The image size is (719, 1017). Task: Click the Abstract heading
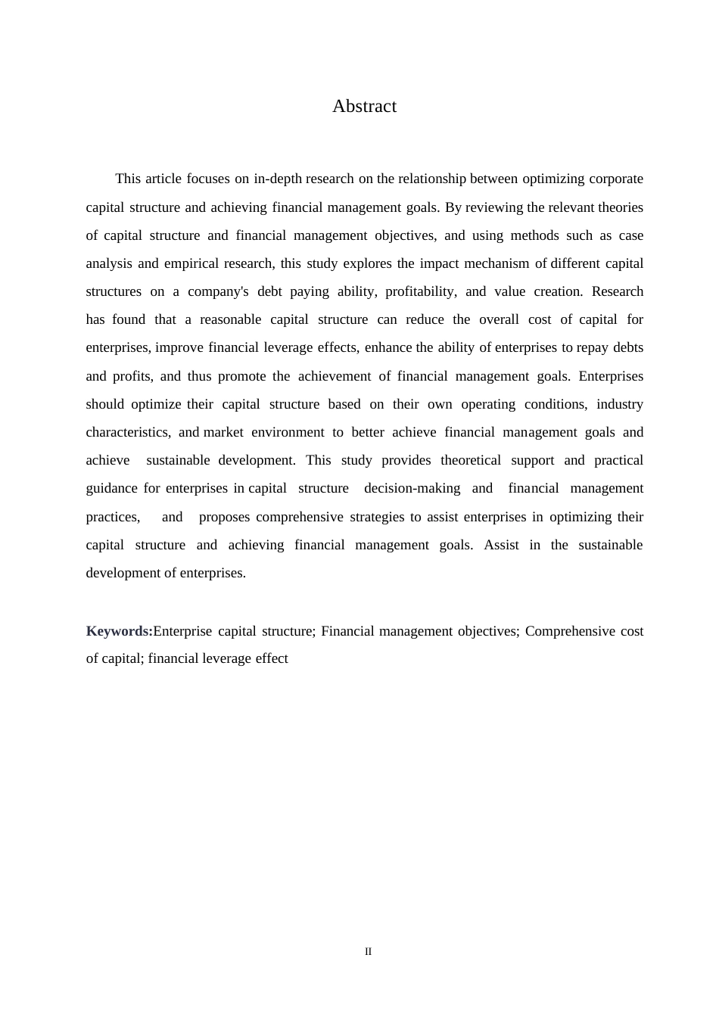tap(364, 106)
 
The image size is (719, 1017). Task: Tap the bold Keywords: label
tap(120, 631)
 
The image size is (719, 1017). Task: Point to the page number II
tap(369, 951)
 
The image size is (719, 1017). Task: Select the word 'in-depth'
tap(278, 179)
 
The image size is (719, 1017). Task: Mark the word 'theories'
tap(621, 207)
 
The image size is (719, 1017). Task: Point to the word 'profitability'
tap(421, 291)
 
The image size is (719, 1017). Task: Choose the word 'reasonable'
tap(230, 319)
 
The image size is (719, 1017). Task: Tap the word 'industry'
tap(620, 404)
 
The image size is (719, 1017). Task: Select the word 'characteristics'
tap(128, 432)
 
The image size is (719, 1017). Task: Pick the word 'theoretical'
tap(471, 460)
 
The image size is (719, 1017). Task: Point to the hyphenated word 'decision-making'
tap(412, 488)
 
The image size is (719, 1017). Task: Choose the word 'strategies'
tap(377, 517)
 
